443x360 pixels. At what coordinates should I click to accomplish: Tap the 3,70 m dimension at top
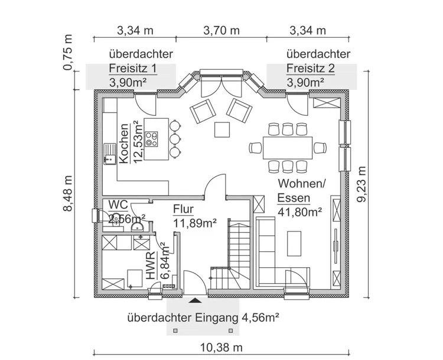[221, 30]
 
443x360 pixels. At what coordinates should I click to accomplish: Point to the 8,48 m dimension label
[70, 196]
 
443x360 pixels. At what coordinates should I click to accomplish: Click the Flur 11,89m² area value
[195, 222]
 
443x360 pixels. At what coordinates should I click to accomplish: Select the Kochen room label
[125, 143]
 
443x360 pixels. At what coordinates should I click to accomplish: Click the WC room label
[118, 205]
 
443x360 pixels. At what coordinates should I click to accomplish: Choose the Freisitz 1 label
[133, 68]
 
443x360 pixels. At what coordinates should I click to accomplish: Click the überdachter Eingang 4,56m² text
[203, 317]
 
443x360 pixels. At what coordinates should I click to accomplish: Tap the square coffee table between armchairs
[223, 128]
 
